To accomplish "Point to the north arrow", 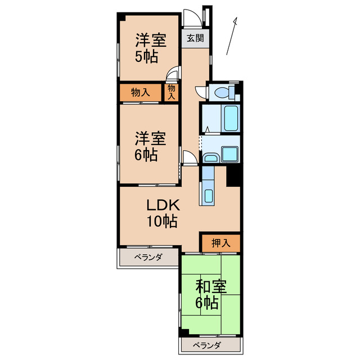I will (x=231, y=37).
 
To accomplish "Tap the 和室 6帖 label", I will (x=210, y=294).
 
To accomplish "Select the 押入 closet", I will (x=220, y=243).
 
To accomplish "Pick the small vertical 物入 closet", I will (x=172, y=92).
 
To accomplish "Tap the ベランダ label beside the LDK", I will (x=148, y=258).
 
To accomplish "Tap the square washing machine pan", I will (x=230, y=154).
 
